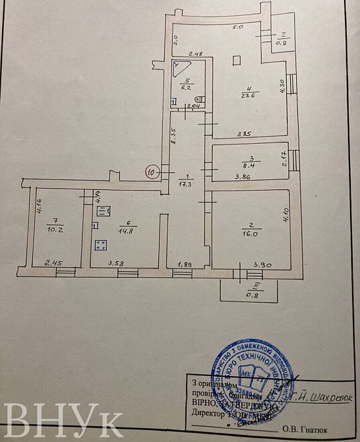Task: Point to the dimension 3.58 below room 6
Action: click(117, 264)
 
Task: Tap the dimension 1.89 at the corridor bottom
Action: click(185, 265)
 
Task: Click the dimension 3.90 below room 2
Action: click(262, 264)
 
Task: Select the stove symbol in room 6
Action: click(102, 247)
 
